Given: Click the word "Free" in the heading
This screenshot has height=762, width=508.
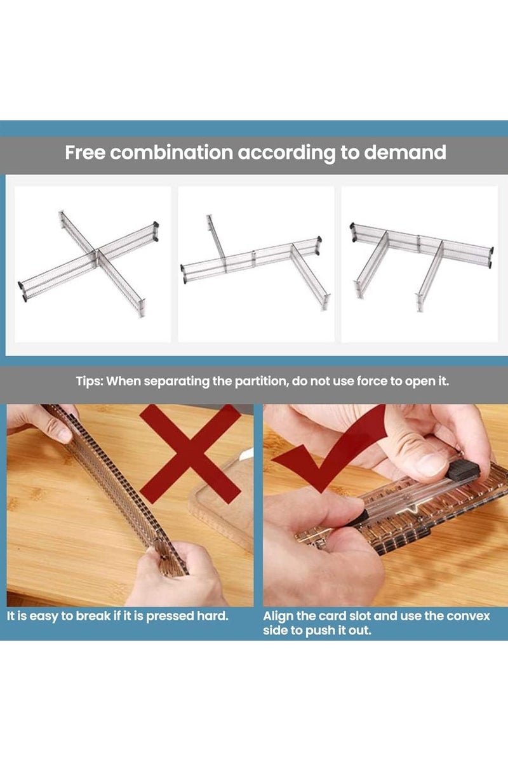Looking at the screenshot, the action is pos(85,152).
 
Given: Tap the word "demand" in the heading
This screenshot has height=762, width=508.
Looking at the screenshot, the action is pos(405,152).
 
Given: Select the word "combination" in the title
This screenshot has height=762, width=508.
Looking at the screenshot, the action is pos(171,152).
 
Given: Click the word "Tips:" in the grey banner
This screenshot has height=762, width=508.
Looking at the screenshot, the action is pos(90,382).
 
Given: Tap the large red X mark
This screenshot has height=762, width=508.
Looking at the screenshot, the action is pos(190,454).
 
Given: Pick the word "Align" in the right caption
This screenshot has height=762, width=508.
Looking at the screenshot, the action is pos(278,625).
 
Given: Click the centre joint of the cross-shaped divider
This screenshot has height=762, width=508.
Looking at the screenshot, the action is pos(96,253).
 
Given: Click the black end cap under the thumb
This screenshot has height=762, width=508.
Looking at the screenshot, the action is pos(464,471).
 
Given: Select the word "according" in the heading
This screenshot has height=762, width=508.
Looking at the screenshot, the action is pos(286,153).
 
